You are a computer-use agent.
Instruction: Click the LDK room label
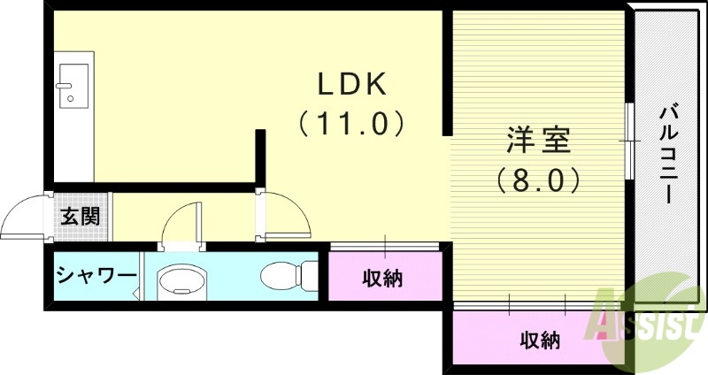352,85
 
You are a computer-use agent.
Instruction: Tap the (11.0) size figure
352,123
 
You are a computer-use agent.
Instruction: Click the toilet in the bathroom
289,275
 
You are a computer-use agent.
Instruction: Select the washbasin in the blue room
181,282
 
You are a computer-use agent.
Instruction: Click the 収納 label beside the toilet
383,279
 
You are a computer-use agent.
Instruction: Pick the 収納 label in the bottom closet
539,340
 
